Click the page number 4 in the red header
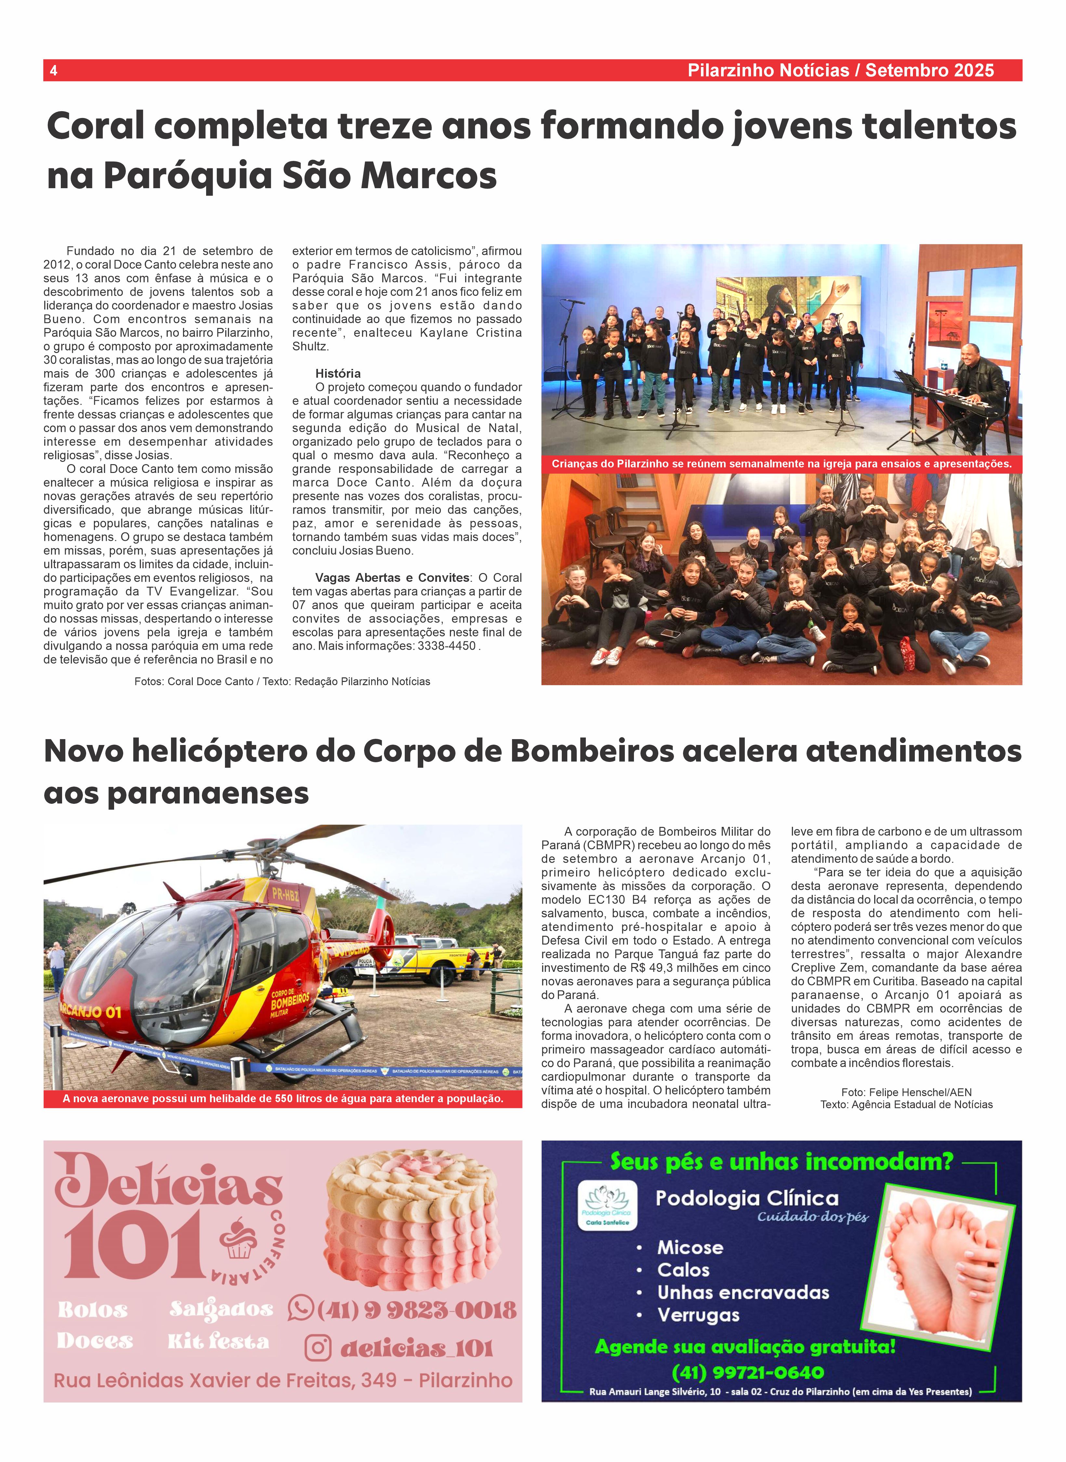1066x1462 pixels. coord(54,70)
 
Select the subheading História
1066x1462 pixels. coord(337,373)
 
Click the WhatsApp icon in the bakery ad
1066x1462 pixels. coord(301,1308)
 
